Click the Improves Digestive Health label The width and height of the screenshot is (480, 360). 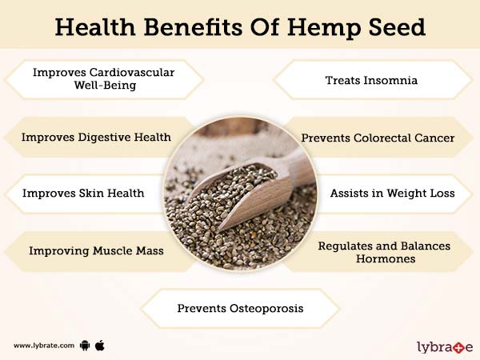96,137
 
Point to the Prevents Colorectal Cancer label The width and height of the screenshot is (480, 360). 378,138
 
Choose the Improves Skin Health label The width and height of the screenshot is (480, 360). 83,193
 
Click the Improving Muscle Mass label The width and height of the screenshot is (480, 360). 96,250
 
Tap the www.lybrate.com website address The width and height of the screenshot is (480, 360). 44,346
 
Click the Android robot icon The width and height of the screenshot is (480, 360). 84,346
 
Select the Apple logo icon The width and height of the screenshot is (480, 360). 100,346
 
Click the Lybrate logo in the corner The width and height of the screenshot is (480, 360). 445,346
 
